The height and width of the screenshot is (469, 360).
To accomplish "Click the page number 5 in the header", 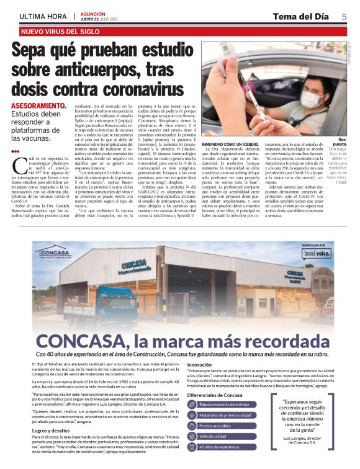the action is tap(344, 17).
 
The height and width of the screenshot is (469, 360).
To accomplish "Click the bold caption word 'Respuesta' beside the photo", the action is tap(343, 141).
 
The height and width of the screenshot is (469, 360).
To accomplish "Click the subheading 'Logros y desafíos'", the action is tap(51, 429).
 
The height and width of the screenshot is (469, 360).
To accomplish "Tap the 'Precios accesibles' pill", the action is tap(222, 426).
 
